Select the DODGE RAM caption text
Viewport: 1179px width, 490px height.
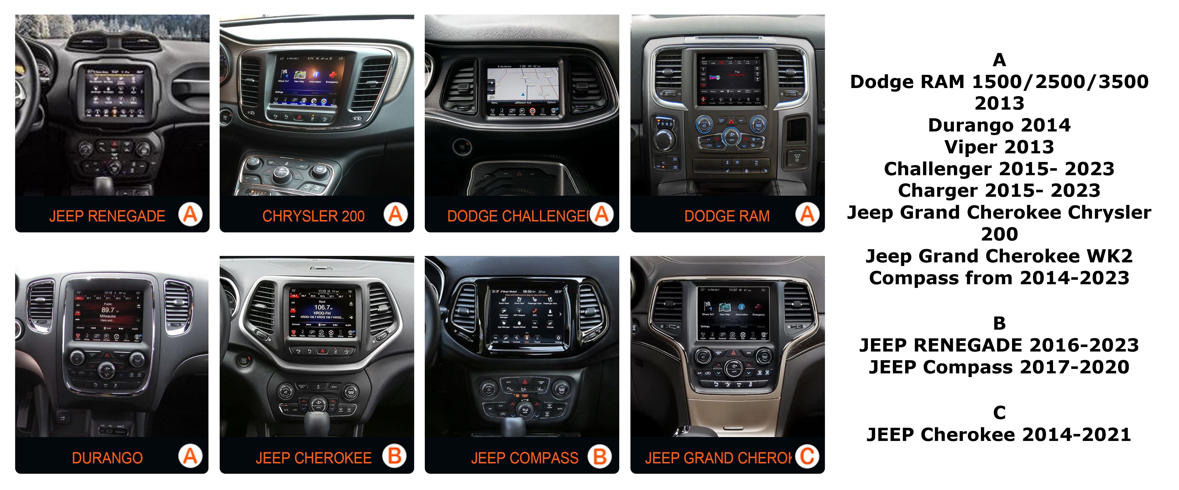pyautogui.click(x=727, y=216)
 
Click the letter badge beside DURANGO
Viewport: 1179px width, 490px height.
pyautogui.click(x=190, y=456)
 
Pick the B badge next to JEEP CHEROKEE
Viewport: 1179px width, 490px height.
pyautogui.click(x=394, y=456)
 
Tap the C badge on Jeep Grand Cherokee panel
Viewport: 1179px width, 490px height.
pyautogui.click(x=807, y=456)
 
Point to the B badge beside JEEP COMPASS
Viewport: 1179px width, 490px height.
pyautogui.click(x=600, y=456)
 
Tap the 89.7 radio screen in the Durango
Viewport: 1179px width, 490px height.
pyautogui.click(x=108, y=315)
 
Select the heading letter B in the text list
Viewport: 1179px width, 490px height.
pyautogui.click(x=999, y=323)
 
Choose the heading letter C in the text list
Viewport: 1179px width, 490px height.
pyautogui.click(x=999, y=412)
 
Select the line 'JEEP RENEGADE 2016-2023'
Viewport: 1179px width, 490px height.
pyautogui.click(x=999, y=345)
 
